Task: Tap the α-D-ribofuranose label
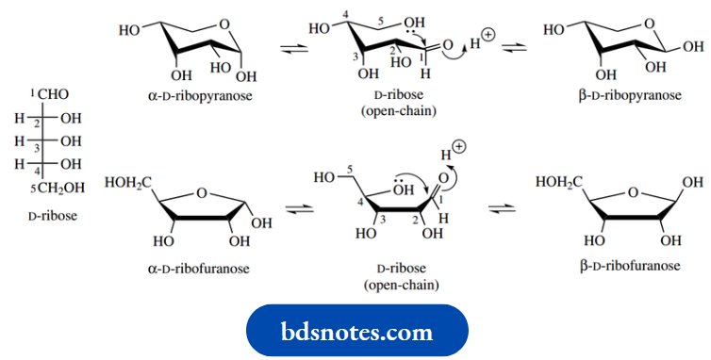coord(198,269)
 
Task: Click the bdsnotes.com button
coord(355,332)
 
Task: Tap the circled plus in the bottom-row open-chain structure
coord(458,146)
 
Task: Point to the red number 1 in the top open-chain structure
coord(422,59)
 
